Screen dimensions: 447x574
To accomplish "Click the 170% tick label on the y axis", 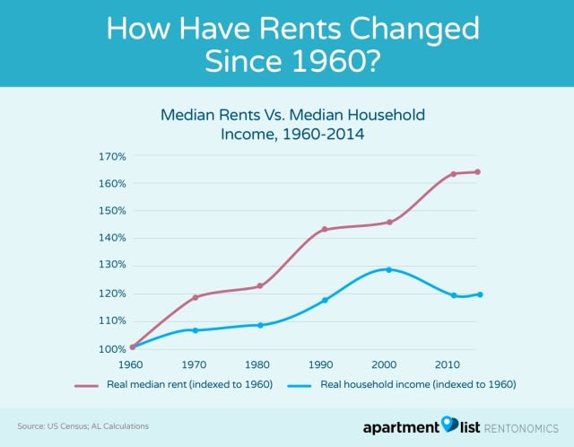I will point(112,156).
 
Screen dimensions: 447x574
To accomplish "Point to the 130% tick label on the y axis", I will point(112,266).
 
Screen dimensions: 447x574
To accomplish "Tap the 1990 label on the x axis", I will point(324,366).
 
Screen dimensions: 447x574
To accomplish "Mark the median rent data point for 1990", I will point(325,229).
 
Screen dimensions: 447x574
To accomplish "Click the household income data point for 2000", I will point(388,269).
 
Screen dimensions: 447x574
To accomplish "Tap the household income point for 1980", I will point(260,325).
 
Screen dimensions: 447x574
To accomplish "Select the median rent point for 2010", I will point(453,173).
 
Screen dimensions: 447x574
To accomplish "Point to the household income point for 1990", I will point(325,300).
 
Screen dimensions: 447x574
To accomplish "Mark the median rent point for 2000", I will point(388,222).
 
